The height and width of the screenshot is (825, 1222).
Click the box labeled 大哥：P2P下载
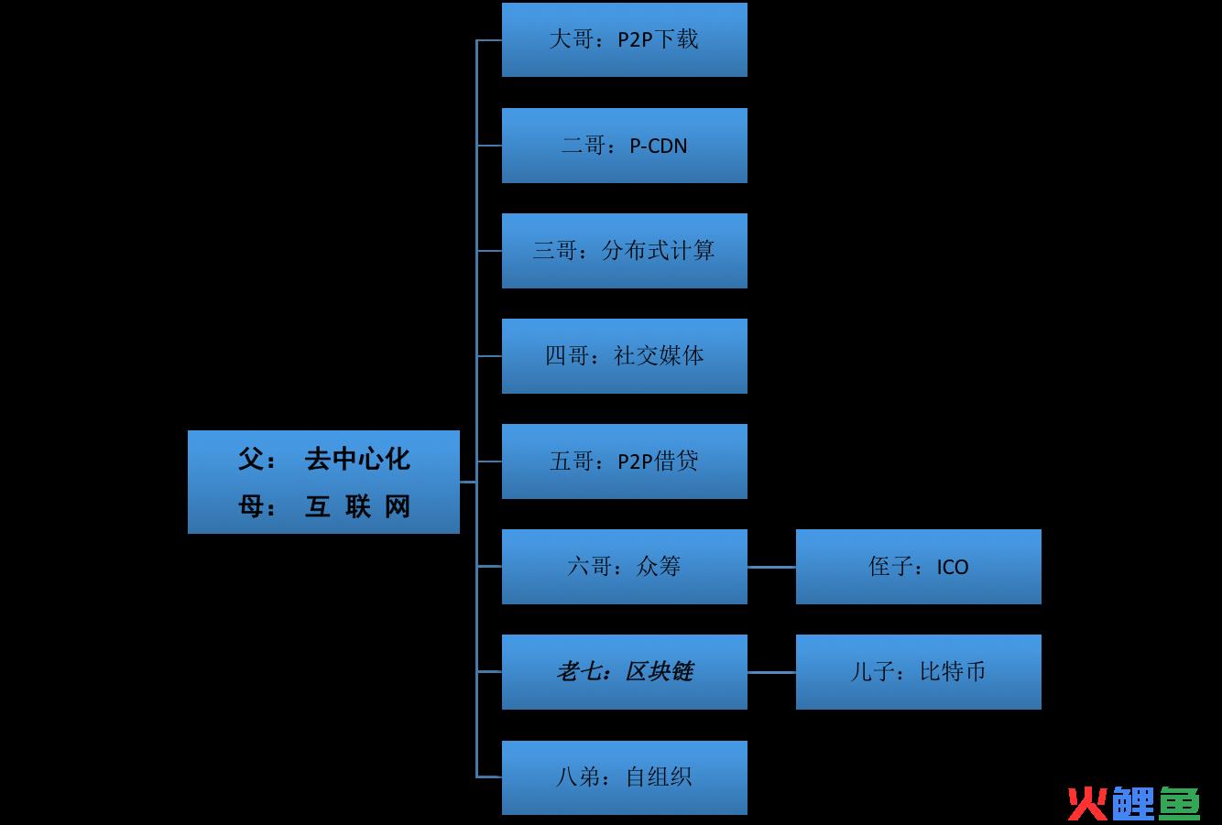coord(624,39)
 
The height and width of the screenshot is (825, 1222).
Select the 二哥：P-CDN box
coord(624,146)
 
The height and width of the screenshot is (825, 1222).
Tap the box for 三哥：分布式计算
coord(624,251)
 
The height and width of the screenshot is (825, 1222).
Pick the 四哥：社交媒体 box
coord(624,356)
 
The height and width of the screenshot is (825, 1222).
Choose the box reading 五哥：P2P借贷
coord(624,461)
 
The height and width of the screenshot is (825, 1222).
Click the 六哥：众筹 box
coord(624,567)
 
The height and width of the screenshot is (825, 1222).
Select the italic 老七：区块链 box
coord(624,672)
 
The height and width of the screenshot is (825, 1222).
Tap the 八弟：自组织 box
coord(624,777)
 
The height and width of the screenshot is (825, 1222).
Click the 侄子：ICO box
coord(918,567)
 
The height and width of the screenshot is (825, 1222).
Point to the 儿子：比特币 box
coord(918,672)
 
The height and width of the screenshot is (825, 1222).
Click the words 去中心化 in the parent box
coord(356,459)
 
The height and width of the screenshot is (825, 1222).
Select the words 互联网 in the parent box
coord(356,506)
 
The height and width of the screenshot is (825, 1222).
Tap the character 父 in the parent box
coord(251,459)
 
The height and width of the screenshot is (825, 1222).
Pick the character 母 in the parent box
coord(251,506)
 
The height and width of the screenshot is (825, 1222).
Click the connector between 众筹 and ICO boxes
coord(771,567)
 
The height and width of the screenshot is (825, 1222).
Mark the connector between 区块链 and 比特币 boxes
coord(771,672)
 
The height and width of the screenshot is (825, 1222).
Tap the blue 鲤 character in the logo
coord(1133,803)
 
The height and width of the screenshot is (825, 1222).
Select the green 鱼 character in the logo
coord(1179,803)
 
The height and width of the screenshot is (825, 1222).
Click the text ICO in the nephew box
coord(953,568)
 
